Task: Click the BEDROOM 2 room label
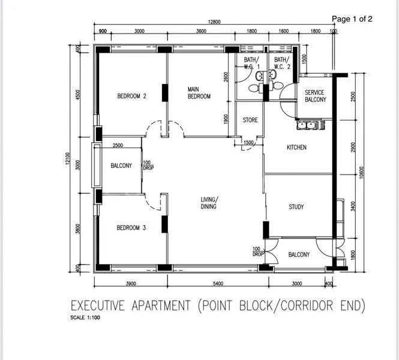coord(131,96)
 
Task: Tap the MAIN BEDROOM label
coord(199,92)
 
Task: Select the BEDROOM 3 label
coord(131,228)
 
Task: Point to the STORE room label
coord(250,120)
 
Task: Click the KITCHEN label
coord(296,148)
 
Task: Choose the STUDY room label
coord(296,207)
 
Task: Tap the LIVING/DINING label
coord(209,203)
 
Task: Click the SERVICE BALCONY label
coord(315,96)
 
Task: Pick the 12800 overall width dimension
coord(214,22)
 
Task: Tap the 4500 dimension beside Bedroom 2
coord(78,96)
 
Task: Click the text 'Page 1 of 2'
coord(352,19)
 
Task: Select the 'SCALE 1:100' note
coord(85,318)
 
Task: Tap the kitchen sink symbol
coord(310,125)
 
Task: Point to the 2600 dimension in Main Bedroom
coord(226,77)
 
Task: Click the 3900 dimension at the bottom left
coord(131,284)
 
